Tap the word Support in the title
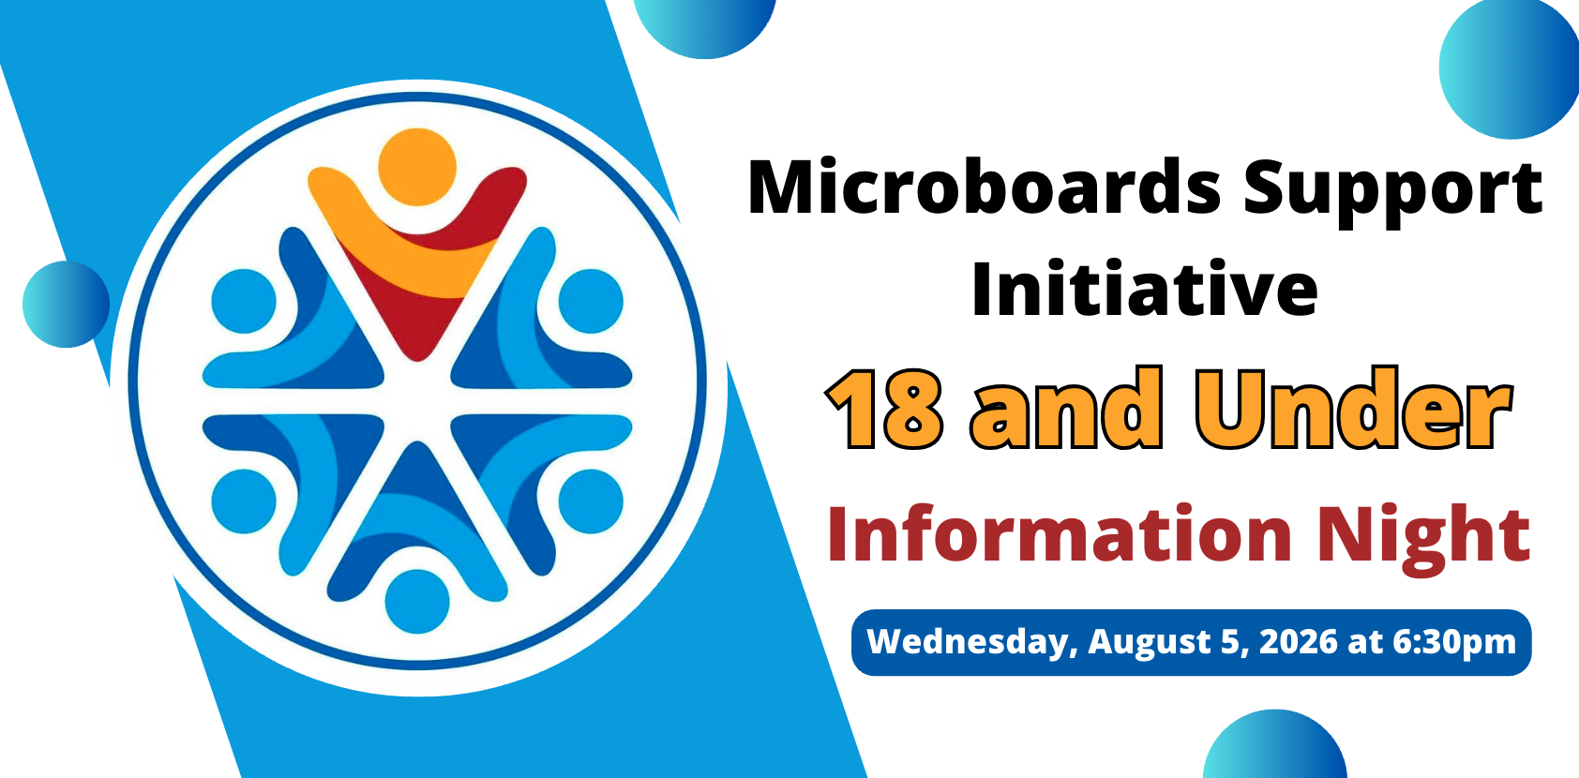click(x=1393, y=191)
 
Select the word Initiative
click(x=1145, y=288)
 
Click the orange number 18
click(x=884, y=410)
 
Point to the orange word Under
click(x=1353, y=408)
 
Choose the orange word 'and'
click(x=1066, y=410)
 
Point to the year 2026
click(x=1299, y=641)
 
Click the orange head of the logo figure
click(x=417, y=167)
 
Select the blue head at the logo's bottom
click(x=417, y=601)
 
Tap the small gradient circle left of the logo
click(x=67, y=305)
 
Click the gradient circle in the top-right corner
click(x=1510, y=68)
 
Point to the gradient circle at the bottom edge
click(x=1274, y=745)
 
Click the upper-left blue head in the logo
click(x=244, y=301)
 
